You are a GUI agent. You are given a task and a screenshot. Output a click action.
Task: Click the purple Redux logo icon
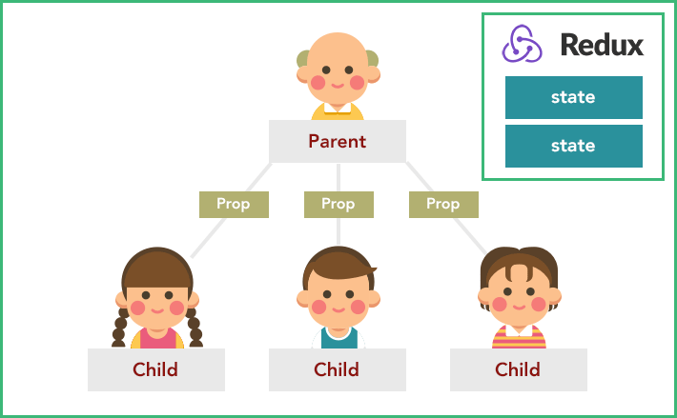point(522,44)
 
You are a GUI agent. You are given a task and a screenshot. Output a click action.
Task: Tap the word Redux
point(602,45)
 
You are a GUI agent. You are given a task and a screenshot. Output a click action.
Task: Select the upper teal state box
point(574,97)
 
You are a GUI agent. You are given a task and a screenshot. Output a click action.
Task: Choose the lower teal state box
point(574,146)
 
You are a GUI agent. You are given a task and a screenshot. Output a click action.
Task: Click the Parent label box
point(338,141)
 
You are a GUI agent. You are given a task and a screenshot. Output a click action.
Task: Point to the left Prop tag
point(234,205)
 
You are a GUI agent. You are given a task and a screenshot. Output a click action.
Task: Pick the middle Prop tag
point(338,205)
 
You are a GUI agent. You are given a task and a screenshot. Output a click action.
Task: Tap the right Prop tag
point(443,205)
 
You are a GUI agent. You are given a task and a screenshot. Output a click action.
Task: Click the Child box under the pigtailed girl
point(156,369)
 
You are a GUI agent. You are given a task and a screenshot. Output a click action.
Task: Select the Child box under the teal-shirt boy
point(338,369)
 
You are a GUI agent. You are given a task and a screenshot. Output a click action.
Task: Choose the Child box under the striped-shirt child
point(519,369)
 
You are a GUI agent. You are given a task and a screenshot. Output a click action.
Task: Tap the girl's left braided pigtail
point(119,327)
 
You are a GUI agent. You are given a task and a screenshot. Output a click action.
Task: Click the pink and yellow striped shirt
point(519,338)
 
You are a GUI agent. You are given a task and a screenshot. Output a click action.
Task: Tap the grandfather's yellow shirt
point(338,113)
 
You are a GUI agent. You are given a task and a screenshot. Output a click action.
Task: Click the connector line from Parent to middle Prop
point(338,177)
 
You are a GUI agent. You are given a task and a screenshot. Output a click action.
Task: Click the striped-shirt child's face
point(520,297)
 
